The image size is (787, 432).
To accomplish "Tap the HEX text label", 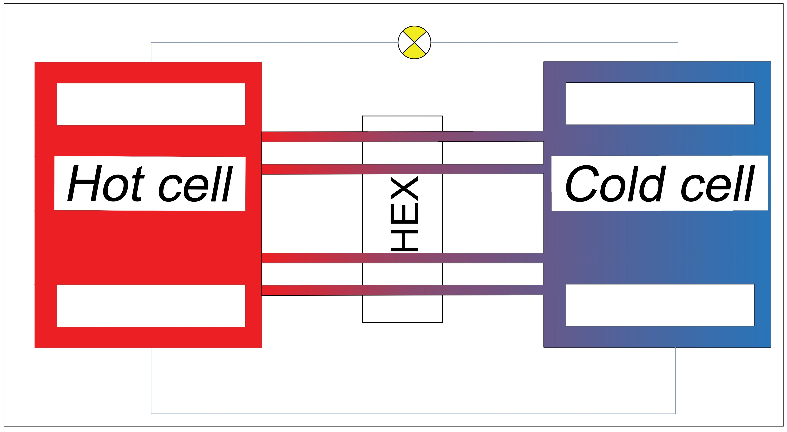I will click(404, 213).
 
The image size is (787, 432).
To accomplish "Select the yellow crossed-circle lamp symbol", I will click(414, 42).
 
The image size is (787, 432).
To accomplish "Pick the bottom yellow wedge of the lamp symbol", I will click(414, 52).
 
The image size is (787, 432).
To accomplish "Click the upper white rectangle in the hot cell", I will click(151, 104).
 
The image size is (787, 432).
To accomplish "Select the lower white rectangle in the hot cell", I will click(151, 306).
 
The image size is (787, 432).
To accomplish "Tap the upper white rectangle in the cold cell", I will click(660, 103).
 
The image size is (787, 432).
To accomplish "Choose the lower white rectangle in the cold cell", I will click(660, 305).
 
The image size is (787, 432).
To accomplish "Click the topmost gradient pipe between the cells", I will click(402, 137).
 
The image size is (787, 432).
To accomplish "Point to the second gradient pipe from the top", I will click(402, 169).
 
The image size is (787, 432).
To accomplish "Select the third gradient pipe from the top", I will click(402, 258).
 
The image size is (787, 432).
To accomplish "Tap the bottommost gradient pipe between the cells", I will click(402, 290).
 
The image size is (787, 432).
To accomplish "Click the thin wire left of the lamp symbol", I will click(275, 42).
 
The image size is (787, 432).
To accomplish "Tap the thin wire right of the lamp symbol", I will click(550, 42).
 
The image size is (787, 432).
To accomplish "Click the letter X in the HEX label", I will click(404, 188).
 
